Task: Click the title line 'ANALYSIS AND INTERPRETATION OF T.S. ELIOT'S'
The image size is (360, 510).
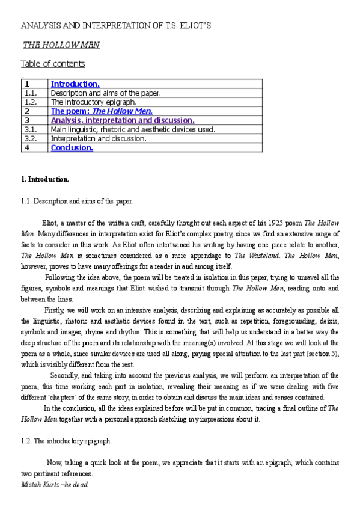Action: [115, 27]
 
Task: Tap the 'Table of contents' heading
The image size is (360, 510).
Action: [53, 64]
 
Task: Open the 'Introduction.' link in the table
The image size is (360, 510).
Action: [75, 84]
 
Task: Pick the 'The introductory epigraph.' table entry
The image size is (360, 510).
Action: [93, 102]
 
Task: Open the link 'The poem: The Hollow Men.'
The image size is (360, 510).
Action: [102, 111]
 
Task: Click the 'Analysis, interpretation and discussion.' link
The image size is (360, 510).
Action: [123, 120]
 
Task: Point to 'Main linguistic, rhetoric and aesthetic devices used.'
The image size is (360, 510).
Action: [133, 129]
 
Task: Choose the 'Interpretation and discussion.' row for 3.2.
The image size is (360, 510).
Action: [99, 138]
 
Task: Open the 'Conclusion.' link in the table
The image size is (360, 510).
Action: [72, 147]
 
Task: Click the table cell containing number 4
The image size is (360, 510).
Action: [27, 147]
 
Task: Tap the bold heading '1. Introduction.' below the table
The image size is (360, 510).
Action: [45, 179]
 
